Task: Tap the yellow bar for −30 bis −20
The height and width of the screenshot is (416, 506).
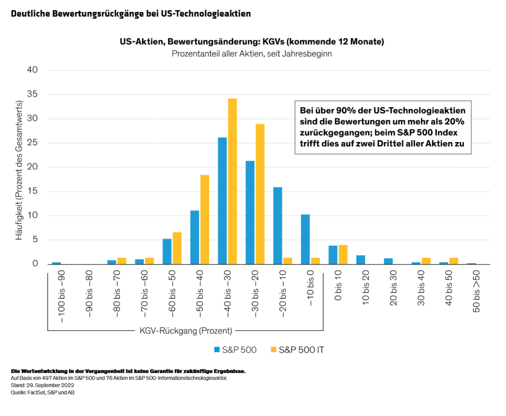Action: tap(260, 194)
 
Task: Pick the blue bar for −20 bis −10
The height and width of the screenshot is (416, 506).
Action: tap(278, 225)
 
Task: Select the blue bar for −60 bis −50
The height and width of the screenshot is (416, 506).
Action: tap(167, 251)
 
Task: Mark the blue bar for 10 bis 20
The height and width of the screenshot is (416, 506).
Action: tap(361, 259)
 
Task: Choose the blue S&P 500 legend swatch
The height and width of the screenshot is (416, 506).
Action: tap(217, 350)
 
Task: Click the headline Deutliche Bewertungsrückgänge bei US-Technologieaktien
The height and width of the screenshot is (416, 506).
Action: tap(131, 13)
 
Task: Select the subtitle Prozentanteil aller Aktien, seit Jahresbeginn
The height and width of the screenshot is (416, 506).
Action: tap(251, 53)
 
